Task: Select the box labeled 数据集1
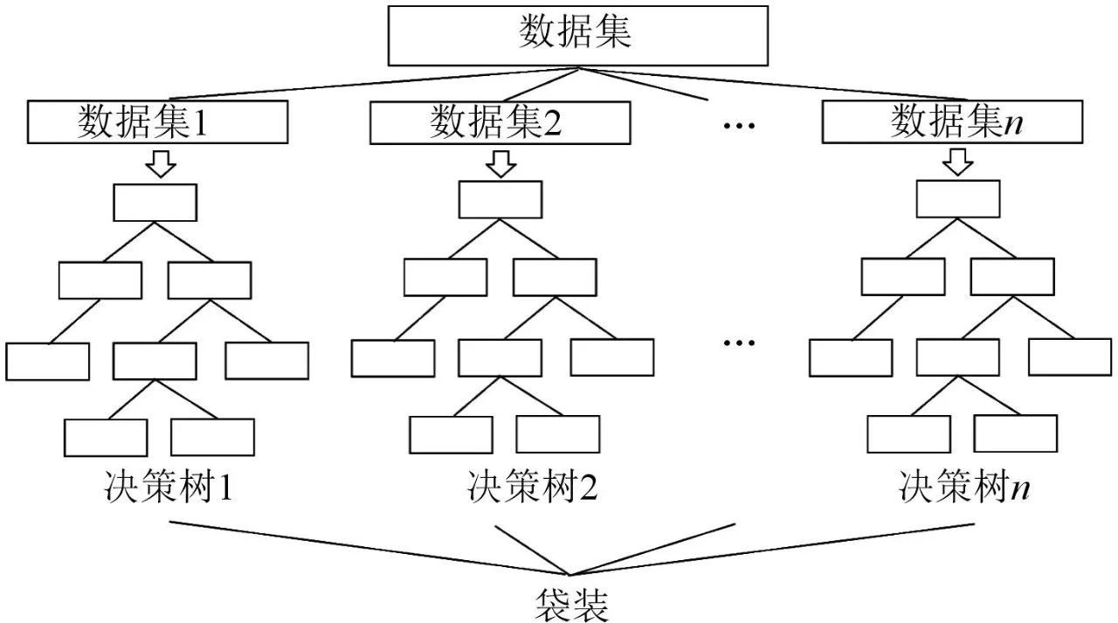click(x=158, y=122)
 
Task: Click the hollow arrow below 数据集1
click(x=162, y=163)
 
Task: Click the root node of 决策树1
click(x=155, y=202)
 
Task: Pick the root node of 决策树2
click(x=500, y=199)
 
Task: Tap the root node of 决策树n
click(x=958, y=199)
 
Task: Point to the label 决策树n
click(x=964, y=486)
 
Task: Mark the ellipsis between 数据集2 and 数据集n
click(x=739, y=125)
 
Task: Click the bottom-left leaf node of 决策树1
click(x=106, y=438)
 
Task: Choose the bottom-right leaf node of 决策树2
click(x=558, y=434)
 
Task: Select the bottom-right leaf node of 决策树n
click(x=1016, y=434)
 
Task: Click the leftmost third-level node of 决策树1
click(x=48, y=361)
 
